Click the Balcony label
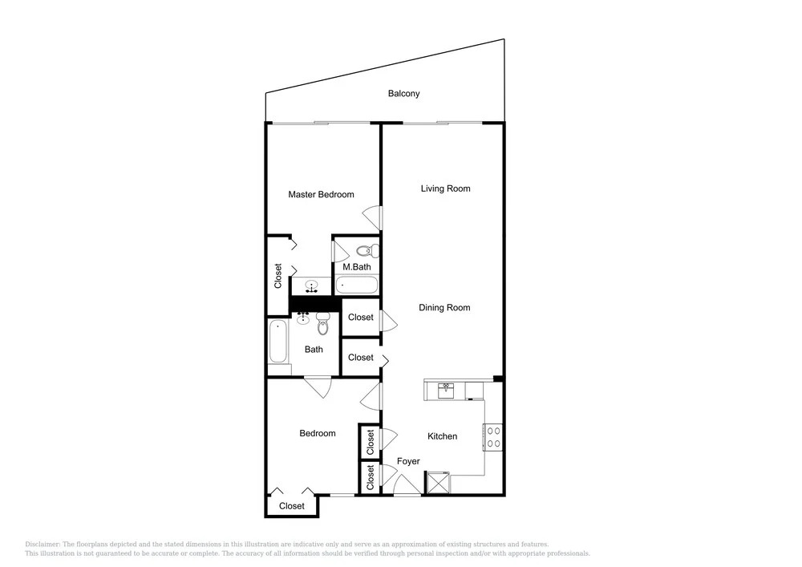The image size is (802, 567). [403, 94]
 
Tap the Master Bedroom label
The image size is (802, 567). [322, 194]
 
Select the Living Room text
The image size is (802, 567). [445, 188]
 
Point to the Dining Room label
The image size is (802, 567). [444, 307]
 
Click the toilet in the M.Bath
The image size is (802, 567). [367, 251]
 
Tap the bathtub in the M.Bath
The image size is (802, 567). [357, 285]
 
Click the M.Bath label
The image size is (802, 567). [357, 267]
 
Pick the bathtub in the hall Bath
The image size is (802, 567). [277, 341]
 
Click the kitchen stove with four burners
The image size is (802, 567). [493, 437]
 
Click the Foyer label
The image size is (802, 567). [408, 461]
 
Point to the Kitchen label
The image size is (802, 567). [443, 436]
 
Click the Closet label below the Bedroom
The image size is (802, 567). [292, 505]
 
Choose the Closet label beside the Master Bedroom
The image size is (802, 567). [278, 276]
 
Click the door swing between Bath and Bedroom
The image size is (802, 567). [318, 387]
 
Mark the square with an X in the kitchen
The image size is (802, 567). [439, 483]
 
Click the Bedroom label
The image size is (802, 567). [318, 433]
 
